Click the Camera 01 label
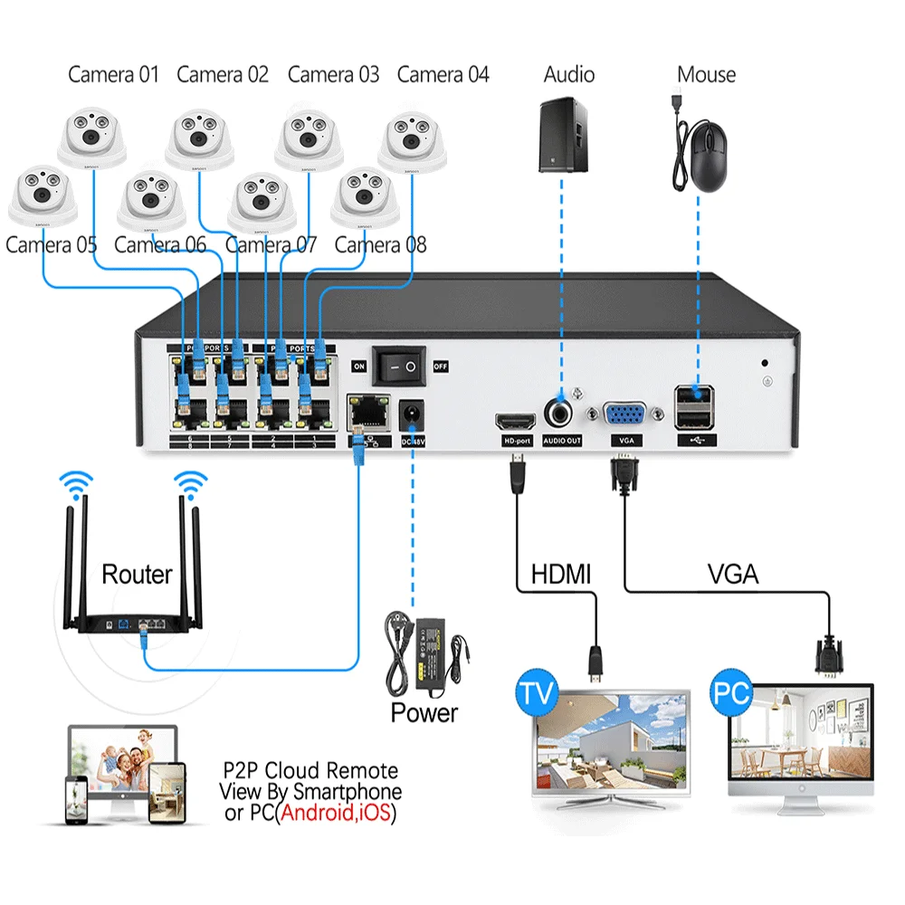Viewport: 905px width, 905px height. point(113,74)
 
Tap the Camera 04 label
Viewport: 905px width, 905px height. point(443,74)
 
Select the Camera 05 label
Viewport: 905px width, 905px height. point(51,244)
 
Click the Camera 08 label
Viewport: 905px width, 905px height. point(380,244)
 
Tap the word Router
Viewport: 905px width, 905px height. point(137,574)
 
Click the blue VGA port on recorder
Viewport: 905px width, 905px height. point(624,415)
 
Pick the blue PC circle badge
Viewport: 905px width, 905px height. point(732,693)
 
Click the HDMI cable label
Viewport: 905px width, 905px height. point(560,573)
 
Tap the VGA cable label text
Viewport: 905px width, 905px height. point(732,573)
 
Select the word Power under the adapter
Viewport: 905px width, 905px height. point(424,712)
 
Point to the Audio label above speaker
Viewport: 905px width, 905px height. point(568,74)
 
